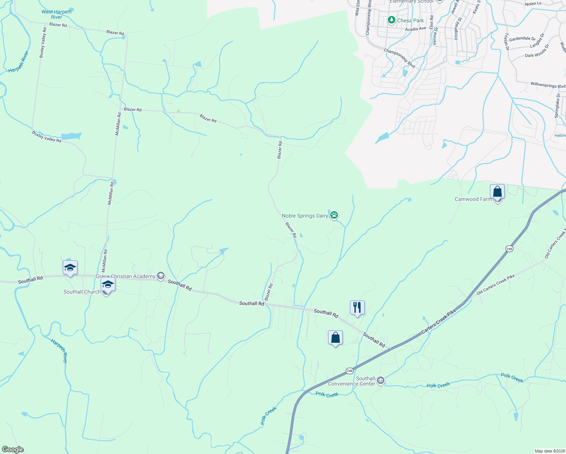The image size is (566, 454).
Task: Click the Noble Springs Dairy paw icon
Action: (x=334, y=215)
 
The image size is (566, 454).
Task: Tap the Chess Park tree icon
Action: (x=392, y=20)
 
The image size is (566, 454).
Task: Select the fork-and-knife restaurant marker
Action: (x=357, y=308)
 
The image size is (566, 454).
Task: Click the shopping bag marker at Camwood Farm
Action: (x=497, y=192)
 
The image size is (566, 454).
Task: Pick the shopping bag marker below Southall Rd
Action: (x=335, y=337)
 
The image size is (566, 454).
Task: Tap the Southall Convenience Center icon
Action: (x=381, y=380)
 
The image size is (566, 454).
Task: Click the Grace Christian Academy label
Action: (x=125, y=276)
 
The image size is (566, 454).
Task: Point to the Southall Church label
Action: (x=82, y=292)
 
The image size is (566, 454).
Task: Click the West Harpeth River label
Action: (x=56, y=14)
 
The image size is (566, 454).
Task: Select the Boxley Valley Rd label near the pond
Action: (x=47, y=137)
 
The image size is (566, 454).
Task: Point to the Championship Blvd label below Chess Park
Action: (x=400, y=58)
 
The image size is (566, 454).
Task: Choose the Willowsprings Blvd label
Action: (x=548, y=85)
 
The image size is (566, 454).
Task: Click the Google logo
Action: (x=12, y=449)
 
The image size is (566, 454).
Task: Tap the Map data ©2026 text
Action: (x=549, y=451)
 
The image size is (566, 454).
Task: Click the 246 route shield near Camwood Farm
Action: (x=509, y=249)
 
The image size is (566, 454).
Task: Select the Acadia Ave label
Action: (x=415, y=29)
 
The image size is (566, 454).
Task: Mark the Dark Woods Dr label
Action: (x=536, y=52)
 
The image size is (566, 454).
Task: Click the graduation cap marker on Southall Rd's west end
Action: (x=70, y=268)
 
